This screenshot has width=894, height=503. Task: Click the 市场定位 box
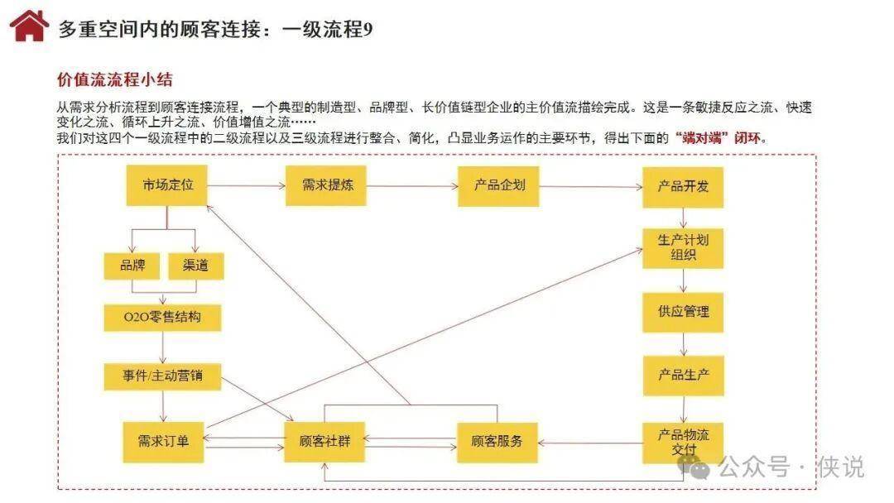tap(167, 185)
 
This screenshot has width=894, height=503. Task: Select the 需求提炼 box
tap(326, 185)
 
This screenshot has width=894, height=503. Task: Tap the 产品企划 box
tap(498, 185)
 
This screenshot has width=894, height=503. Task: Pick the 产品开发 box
tap(683, 187)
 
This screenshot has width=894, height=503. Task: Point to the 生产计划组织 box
tap(683, 247)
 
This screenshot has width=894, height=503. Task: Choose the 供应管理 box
tap(683, 313)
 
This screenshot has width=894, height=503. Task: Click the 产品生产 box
tap(683, 375)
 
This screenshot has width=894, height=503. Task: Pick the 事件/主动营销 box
tap(163, 376)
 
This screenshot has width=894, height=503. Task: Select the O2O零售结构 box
tap(163, 317)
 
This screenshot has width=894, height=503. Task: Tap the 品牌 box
tap(132, 266)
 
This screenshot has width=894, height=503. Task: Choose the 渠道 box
tap(195, 266)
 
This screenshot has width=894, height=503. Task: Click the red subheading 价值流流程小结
tap(114, 80)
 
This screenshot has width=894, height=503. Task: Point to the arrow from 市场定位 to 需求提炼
tap(246, 186)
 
